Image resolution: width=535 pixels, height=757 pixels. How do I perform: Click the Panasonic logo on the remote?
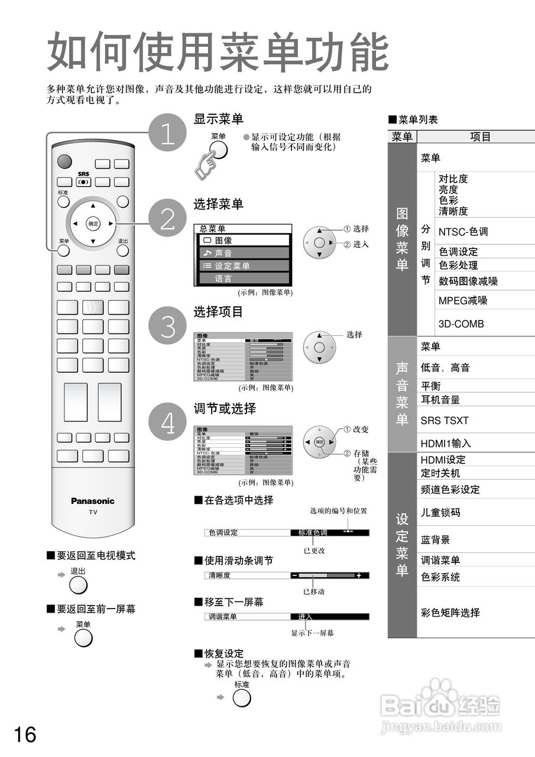coord(93,501)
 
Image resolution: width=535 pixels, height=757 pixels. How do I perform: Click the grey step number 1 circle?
coord(168,132)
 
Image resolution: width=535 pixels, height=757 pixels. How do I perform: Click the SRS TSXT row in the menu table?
coord(445,420)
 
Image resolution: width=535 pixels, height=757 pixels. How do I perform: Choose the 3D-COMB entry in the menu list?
coord(461,323)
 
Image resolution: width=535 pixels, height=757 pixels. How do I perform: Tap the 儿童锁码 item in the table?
coord(440,512)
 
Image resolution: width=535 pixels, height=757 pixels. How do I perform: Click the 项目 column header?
coord(480,137)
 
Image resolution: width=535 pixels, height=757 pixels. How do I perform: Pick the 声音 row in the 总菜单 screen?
coord(242,253)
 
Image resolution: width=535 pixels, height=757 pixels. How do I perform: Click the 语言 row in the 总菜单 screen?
coord(242,279)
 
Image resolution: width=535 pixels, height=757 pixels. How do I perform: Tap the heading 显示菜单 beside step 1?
coord(218,119)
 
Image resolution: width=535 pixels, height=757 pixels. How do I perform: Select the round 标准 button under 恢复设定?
coord(242,698)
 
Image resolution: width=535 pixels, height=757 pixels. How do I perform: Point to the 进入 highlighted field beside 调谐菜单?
coord(329,617)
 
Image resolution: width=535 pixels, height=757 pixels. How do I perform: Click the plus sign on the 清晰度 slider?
coord(358,575)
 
